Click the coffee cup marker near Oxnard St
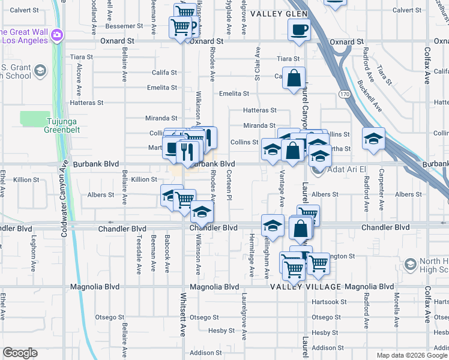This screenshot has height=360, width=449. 299,29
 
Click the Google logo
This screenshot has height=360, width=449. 20,352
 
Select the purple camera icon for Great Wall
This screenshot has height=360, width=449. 58,35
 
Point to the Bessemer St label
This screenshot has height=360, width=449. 124,26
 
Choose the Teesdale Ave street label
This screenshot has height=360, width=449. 139,251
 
